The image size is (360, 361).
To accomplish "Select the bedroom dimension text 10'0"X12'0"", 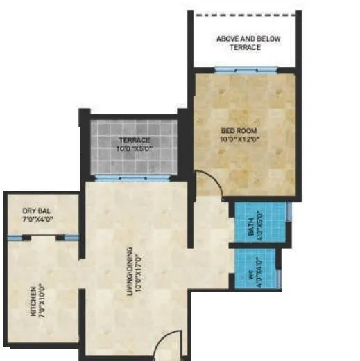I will pyautogui.click(x=238, y=138).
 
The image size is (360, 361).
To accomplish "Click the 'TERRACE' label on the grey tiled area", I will pyautogui.click(x=135, y=141).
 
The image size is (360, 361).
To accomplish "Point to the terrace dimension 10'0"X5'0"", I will pyautogui.click(x=135, y=149).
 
